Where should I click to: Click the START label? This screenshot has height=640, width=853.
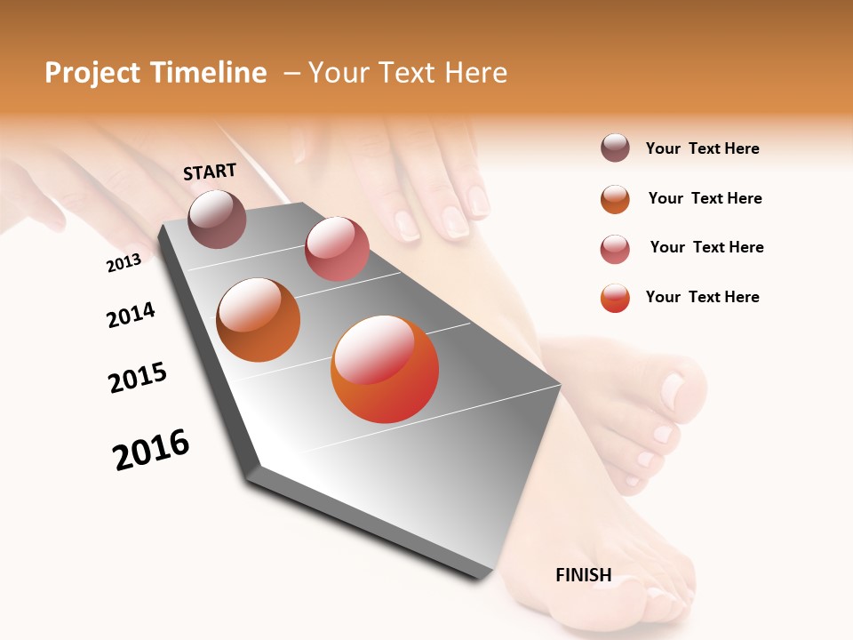coord(210,172)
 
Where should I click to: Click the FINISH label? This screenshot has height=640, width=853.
coord(584,575)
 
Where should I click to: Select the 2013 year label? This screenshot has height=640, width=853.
coord(124,263)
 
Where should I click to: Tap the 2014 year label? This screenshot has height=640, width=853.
coord(131,315)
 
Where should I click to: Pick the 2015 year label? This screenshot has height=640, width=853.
coord(138,378)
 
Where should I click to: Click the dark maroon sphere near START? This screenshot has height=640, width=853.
coord(218,219)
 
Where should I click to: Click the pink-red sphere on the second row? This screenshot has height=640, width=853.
coord(337,249)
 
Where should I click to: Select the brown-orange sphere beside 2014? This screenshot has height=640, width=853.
coord(259,320)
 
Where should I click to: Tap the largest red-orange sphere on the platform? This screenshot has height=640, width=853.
coord(385,369)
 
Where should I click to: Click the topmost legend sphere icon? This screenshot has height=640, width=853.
coord(615,148)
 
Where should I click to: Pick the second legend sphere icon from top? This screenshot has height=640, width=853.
coord(615,199)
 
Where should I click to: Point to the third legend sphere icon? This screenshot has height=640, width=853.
coord(615,249)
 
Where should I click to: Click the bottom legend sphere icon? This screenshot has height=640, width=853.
coord(615,298)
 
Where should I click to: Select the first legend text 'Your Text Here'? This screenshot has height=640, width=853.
coord(702,148)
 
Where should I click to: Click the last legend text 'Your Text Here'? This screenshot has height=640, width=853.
coord(702,297)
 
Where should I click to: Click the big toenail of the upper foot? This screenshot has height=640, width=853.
coord(673,388)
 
